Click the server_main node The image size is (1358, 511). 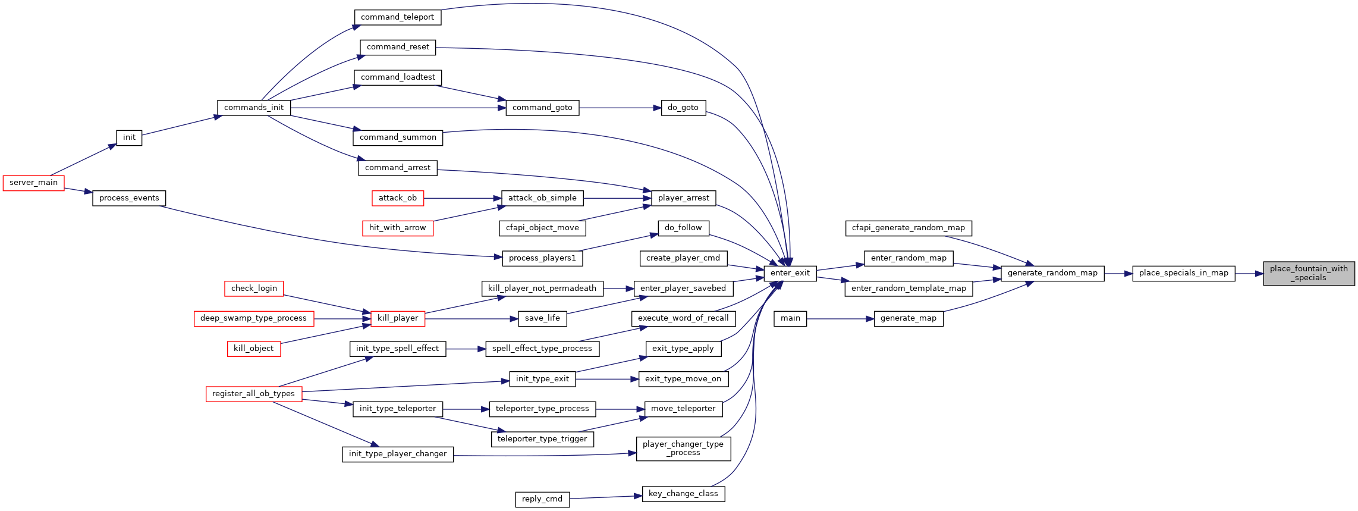click(x=34, y=183)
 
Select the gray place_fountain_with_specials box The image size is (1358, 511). click(x=1309, y=274)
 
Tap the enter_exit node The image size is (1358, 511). click(x=790, y=274)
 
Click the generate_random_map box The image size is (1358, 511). click(x=1052, y=274)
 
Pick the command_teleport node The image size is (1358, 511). click(x=398, y=17)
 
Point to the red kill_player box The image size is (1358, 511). click(x=398, y=319)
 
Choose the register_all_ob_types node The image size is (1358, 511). click(x=254, y=394)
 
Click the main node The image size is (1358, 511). click(x=790, y=319)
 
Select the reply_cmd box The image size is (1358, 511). click(x=542, y=500)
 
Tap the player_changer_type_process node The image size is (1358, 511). click(x=683, y=449)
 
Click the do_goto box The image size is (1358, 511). click(x=683, y=108)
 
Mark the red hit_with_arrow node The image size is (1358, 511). click(x=398, y=228)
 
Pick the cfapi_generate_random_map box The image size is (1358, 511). click(x=909, y=228)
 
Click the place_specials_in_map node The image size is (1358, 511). click(x=1184, y=274)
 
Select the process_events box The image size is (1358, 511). click(x=129, y=198)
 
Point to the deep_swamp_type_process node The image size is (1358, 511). click(x=254, y=319)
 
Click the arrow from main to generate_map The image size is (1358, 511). click(x=841, y=319)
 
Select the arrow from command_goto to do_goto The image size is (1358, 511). click(x=620, y=108)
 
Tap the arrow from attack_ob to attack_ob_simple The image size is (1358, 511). click(x=463, y=198)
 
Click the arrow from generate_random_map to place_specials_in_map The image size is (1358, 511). click(x=1118, y=274)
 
